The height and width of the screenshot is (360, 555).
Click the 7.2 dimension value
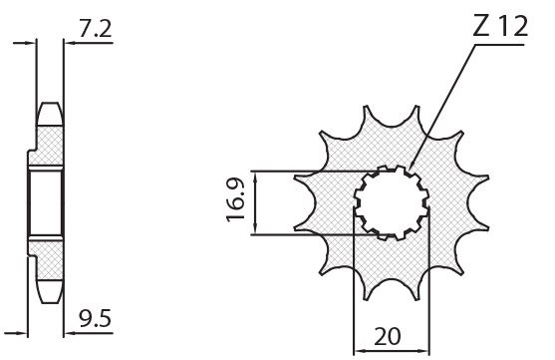[96, 29]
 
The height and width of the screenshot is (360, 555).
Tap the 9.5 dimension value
[95, 319]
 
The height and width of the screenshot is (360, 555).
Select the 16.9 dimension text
[236, 200]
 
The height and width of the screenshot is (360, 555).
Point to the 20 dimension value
[388, 337]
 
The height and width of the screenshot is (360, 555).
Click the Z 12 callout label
[500, 26]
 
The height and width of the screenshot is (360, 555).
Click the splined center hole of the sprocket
[392, 202]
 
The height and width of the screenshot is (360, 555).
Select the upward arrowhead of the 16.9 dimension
[255, 176]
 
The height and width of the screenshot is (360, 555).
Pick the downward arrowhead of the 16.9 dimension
[255, 229]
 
